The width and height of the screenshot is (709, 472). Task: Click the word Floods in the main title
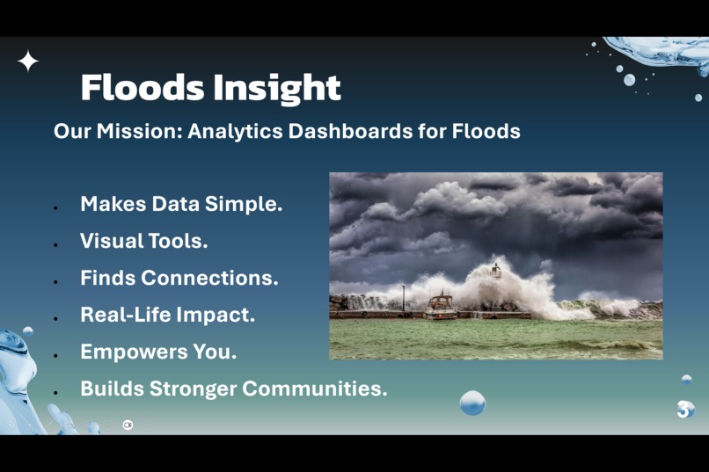(x=142, y=88)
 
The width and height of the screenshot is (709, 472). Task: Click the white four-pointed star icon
(x=28, y=61)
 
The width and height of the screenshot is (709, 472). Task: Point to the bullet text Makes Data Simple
(x=181, y=204)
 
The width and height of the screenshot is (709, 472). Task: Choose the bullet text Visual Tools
(x=143, y=241)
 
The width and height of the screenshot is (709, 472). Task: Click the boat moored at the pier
(x=440, y=306)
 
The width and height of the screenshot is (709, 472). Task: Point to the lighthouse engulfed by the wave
(x=496, y=271)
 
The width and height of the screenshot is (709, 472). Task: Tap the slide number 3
(x=683, y=409)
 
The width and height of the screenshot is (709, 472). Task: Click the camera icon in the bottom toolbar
(x=128, y=425)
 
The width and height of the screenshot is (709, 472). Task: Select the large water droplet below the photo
(x=472, y=403)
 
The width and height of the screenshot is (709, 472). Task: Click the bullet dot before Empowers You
(x=55, y=355)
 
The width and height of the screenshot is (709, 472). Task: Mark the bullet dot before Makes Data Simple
(x=55, y=207)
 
